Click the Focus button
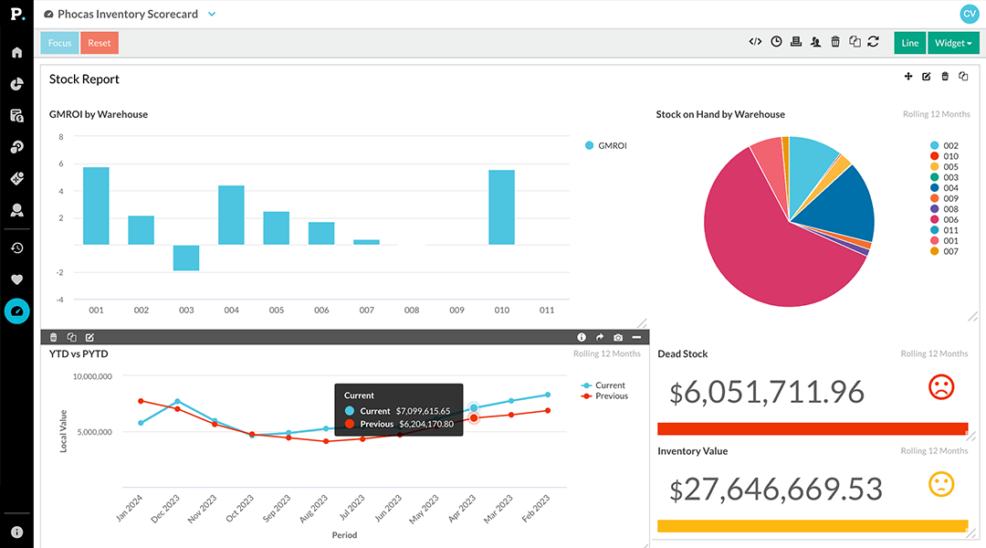59,43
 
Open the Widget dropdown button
953,43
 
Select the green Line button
909,43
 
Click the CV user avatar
969,14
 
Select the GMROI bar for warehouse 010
501,207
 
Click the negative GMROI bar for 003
186,258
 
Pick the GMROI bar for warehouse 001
96,205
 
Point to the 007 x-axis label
366,311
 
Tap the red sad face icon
940,387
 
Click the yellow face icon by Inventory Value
940,484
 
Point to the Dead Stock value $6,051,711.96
767,392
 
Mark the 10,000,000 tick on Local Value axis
92,376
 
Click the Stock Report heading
84,79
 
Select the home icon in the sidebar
16,52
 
